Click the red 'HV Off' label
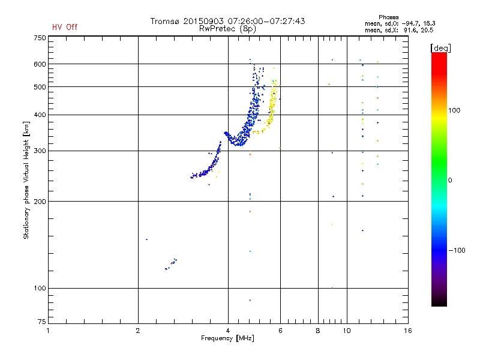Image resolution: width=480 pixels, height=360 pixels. tap(64, 27)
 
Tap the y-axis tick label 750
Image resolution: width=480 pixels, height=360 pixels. tap(39, 38)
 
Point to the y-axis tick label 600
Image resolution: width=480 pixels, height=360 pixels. tap(39, 64)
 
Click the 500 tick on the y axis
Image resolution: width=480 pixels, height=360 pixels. tap(39, 87)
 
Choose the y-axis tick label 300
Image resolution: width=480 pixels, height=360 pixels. tap(39, 151)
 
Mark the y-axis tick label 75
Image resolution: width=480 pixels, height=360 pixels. tap(41, 324)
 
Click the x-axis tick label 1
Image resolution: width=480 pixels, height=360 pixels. tap(48, 331)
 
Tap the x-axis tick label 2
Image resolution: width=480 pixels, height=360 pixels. tap(138, 331)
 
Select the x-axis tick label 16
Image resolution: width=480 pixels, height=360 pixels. tap(408, 331)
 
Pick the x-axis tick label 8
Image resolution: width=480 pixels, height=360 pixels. tap(318, 331)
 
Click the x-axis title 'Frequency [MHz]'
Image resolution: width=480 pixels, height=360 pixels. tap(227, 338)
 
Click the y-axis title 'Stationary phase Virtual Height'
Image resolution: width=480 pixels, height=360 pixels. tap(26, 180)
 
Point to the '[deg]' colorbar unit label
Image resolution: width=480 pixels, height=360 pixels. tap(441, 47)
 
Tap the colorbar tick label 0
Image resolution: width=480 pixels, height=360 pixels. tap(450, 180)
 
